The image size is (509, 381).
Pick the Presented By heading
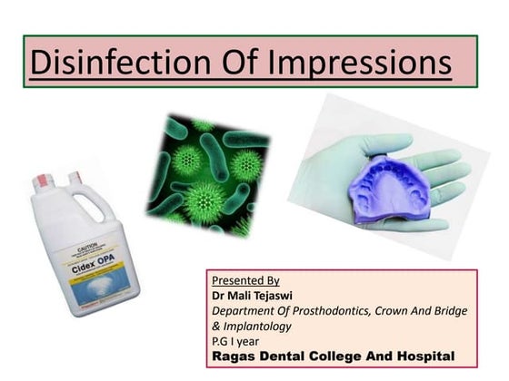point(245,280)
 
